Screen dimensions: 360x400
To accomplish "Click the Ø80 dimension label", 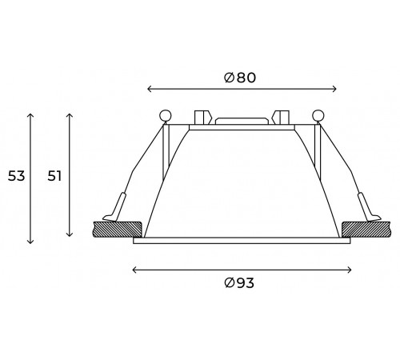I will tap(241, 78).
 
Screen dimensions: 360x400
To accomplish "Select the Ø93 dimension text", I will tap(241, 282).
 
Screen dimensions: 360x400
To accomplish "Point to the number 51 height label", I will tap(54, 175).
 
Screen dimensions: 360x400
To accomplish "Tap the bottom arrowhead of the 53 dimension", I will tap(30, 242).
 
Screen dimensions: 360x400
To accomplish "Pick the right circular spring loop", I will tap(318, 115).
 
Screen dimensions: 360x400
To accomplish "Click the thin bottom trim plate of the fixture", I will tap(241, 240).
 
